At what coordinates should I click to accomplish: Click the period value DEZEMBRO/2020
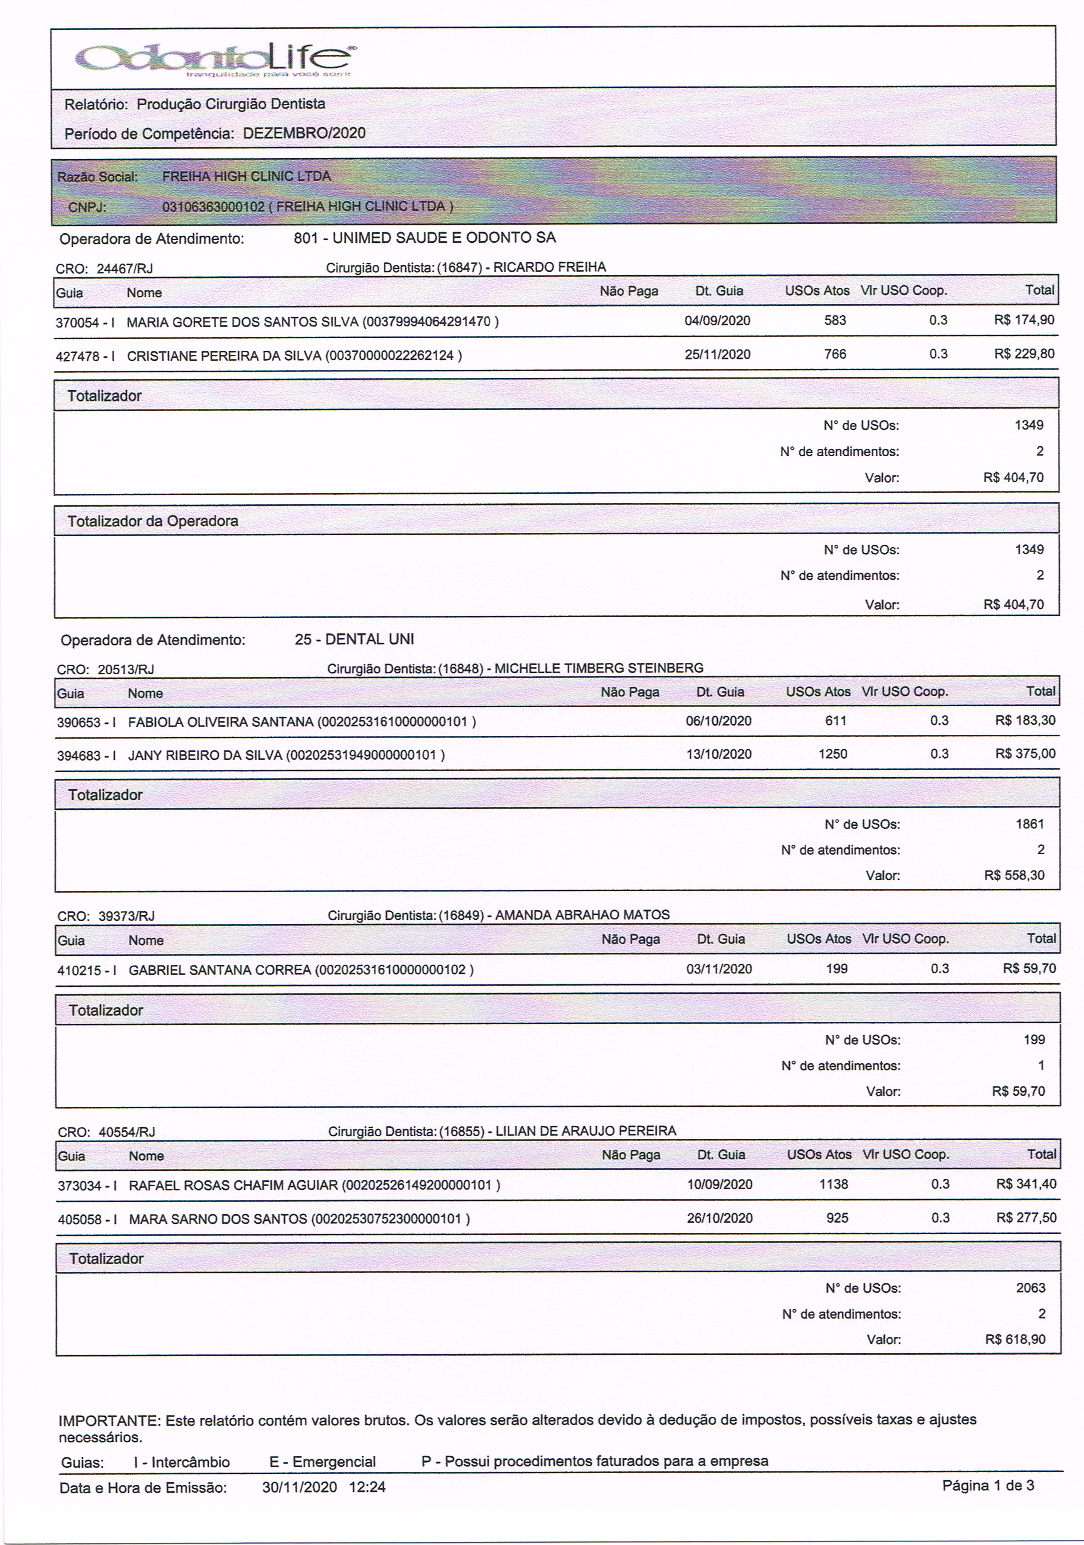(x=304, y=133)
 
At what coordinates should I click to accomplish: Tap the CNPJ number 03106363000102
(x=213, y=206)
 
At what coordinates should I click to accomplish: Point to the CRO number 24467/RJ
(x=125, y=269)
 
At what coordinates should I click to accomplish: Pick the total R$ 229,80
(x=1024, y=354)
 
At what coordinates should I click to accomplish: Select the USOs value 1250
(x=833, y=754)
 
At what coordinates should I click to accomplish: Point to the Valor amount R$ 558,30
(x=1014, y=875)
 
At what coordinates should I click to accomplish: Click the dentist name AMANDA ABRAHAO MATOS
(x=582, y=915)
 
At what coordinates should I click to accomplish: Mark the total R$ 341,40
(x=1026, y=1184)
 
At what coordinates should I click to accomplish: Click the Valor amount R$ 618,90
(x=1015, y=1339)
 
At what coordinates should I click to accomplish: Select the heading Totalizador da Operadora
(x=153, y=521)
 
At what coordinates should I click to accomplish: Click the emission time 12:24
(x=367, y=1487)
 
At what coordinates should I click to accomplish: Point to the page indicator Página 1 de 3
(x=988, y=1486)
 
